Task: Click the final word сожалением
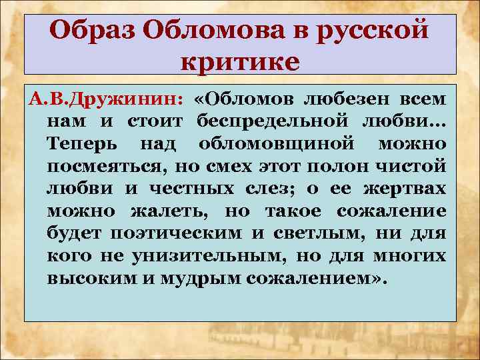pos(315,277)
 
